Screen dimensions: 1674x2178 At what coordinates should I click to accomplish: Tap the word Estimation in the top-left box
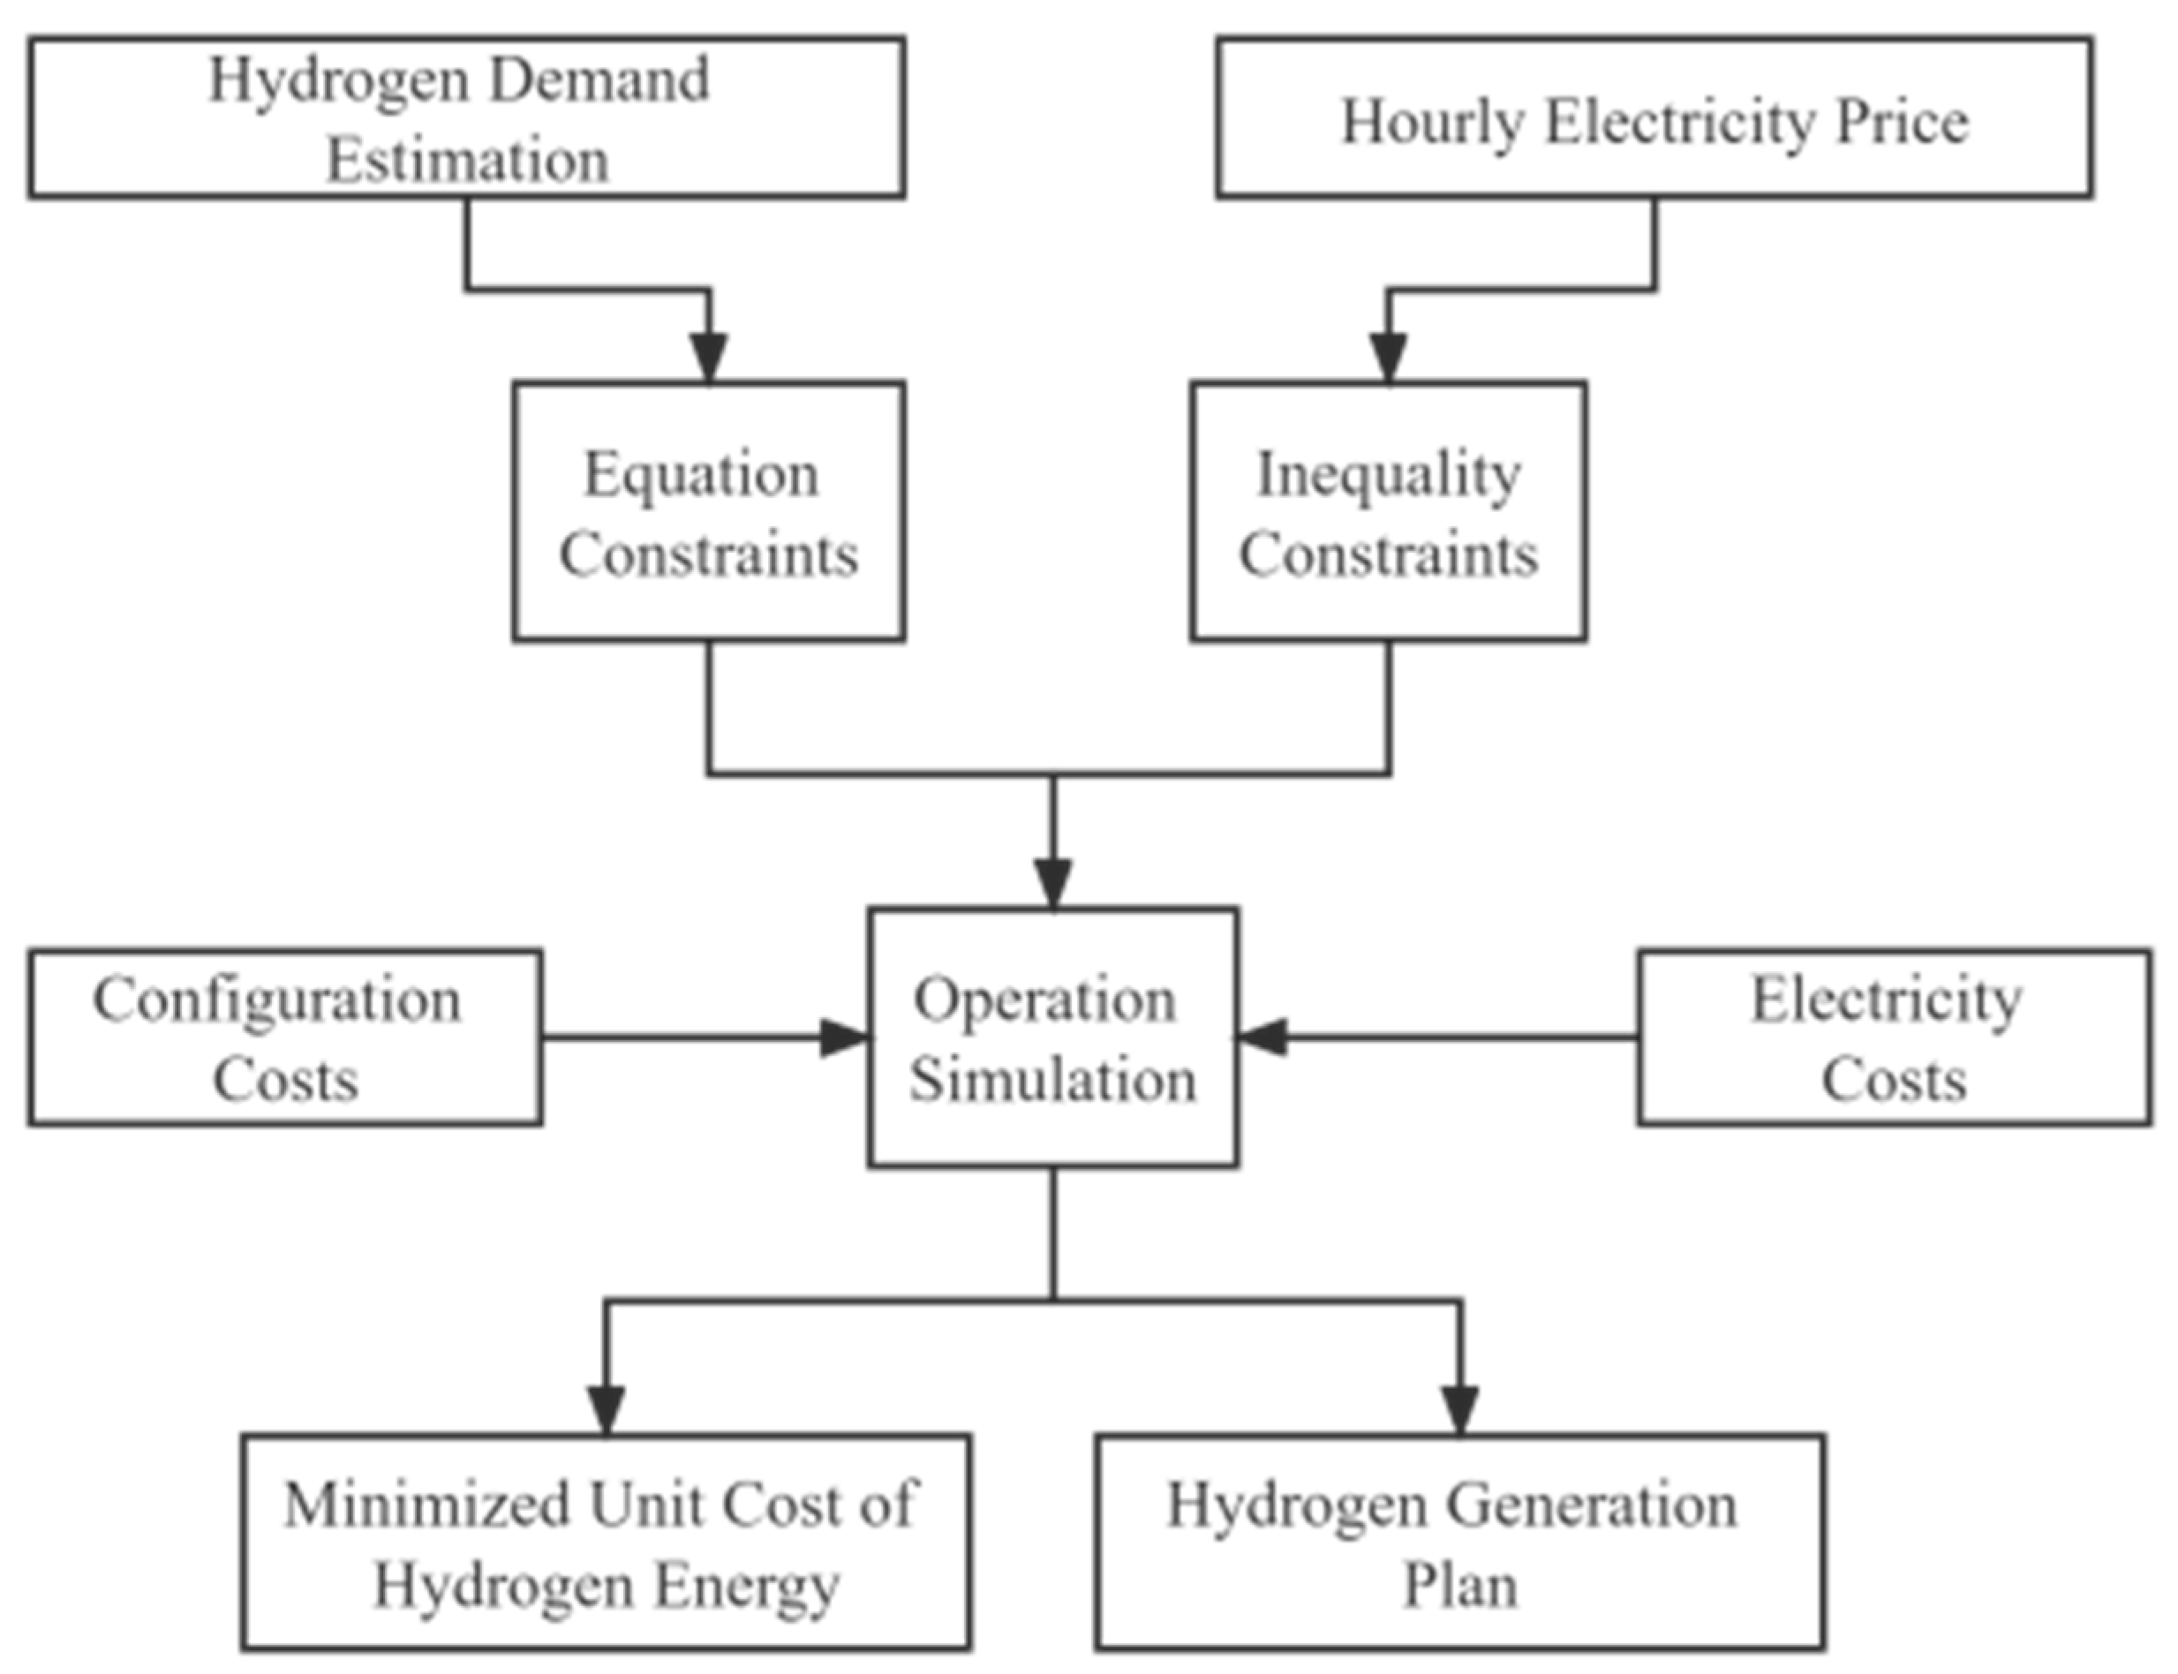(467, 161)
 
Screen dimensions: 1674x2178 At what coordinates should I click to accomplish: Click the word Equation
(700, 474)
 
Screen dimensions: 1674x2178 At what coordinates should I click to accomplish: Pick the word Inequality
(1388, 475)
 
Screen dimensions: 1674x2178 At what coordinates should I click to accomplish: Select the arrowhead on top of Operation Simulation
(1053, 883)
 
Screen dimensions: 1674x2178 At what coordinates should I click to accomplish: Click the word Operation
(1044, 999)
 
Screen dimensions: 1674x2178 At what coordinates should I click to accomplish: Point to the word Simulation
(1052, 1080)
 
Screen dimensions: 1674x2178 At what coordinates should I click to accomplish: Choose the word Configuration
(277, 999)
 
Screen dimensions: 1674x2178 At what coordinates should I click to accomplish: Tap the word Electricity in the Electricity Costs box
(1886, 999)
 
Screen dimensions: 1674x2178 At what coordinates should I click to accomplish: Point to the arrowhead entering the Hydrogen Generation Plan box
(1459, 1410)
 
